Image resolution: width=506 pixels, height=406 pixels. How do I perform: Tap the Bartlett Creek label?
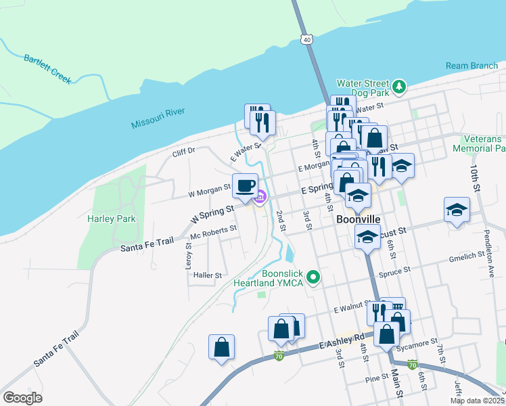tap(47, 69)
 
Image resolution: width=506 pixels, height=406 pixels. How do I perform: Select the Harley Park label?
tap(112, 219)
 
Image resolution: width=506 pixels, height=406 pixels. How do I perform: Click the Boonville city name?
tap(358, 220)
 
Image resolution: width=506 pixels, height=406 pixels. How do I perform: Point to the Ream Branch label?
tap(471, 66)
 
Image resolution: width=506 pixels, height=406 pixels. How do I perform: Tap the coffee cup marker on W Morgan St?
tap(245, 185)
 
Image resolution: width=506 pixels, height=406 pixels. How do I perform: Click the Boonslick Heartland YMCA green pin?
tap(313, 276)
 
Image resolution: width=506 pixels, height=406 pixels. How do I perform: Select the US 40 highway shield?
tap(307, 41)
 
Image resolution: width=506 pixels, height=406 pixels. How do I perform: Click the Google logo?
tap(22, 398)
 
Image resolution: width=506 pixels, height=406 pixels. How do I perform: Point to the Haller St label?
tap(208, 275)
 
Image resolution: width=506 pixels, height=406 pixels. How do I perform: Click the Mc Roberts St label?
tap(213, 232)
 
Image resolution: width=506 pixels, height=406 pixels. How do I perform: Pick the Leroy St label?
tap(189, 258)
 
